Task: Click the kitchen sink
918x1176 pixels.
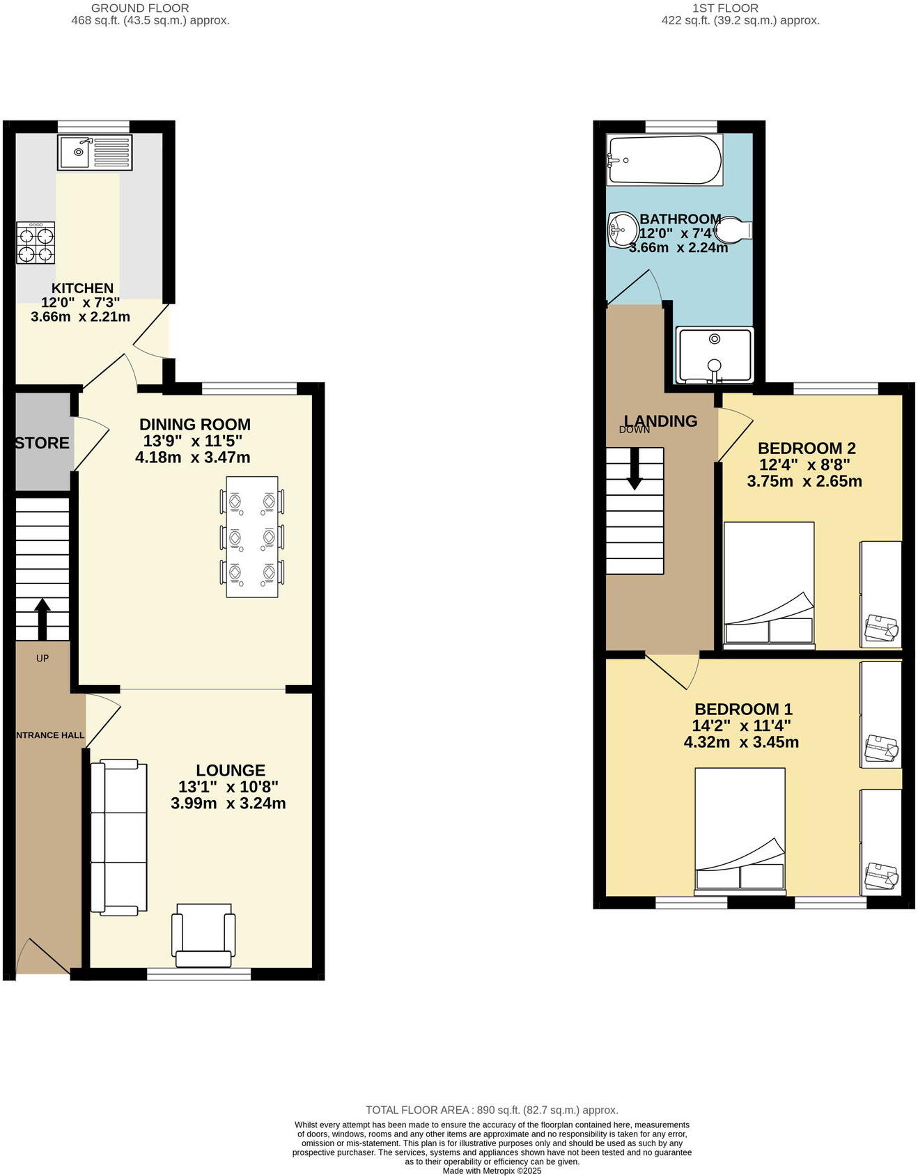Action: click(95, 152)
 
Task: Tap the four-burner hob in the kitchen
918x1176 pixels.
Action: click(36, 243)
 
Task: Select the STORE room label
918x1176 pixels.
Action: click(42, 443)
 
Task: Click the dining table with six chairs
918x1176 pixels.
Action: click(252, 537)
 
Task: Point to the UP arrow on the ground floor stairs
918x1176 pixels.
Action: click(42, 618)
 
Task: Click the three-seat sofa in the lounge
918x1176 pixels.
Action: click(119, 838)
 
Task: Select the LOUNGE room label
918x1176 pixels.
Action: click(231, 770)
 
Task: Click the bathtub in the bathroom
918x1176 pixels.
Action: click(664, 159)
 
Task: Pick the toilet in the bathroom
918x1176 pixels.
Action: click(733, 229)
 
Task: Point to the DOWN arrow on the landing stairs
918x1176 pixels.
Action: click(635, 469)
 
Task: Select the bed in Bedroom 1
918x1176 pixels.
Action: click(740, 829)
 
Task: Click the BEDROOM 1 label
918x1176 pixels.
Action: click(743, 709)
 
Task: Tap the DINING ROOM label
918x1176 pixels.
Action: click(195, 424)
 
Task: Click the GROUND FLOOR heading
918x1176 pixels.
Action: click(140, 8)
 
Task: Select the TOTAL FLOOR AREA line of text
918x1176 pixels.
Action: click(492, 1110)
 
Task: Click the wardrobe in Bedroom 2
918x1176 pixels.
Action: click(881, 593)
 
